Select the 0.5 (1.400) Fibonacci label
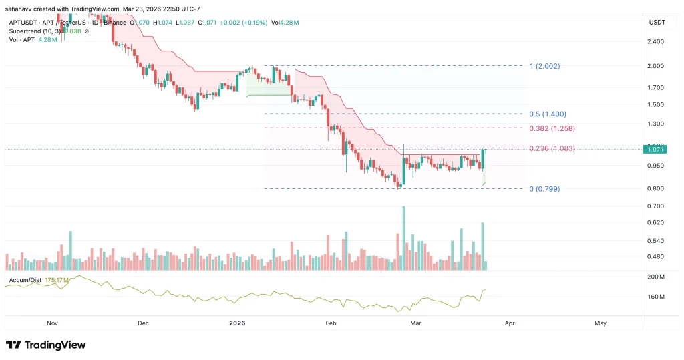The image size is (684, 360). [548, 114]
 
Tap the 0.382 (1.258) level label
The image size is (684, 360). [551, 128]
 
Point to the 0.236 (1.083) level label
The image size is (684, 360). [551, 148]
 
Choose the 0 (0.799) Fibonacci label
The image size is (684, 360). [544, 189]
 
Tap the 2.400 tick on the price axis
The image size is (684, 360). [655, 41]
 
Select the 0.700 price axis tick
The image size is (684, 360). [655, 206]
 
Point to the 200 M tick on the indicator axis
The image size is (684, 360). [655, 277]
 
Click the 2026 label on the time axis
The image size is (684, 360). [237, 323]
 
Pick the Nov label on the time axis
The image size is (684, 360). [53, 323]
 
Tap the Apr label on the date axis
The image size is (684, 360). [510, 323]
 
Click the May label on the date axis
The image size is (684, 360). [600, 323]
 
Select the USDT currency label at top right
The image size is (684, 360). [657, 22]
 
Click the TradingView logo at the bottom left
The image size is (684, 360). [45, 345]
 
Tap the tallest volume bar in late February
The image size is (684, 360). [403, 237]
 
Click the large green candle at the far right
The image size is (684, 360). [482, 158]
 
